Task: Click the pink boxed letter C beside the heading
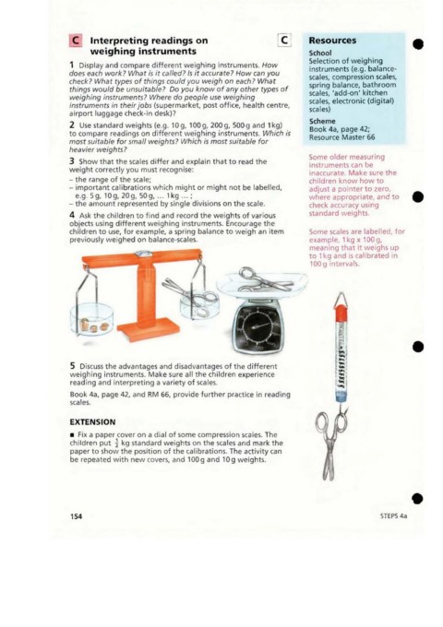(76, 41)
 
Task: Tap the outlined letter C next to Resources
(284, 40)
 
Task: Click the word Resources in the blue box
(332, 41)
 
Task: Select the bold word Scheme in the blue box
(322, 121)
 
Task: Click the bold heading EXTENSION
(92, 422)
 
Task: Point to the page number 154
(76, 516)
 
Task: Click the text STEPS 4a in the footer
(393, 515)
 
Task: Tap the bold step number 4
(72, 215)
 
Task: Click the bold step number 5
(72, 366)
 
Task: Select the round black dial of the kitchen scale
(258, 327)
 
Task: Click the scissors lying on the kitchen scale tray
(264, 280)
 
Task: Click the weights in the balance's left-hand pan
(94, 325)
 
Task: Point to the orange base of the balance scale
(148, 332)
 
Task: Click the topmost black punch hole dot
(418, 43)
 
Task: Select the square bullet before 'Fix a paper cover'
(72, 434)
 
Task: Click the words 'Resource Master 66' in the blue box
(341, 137)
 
